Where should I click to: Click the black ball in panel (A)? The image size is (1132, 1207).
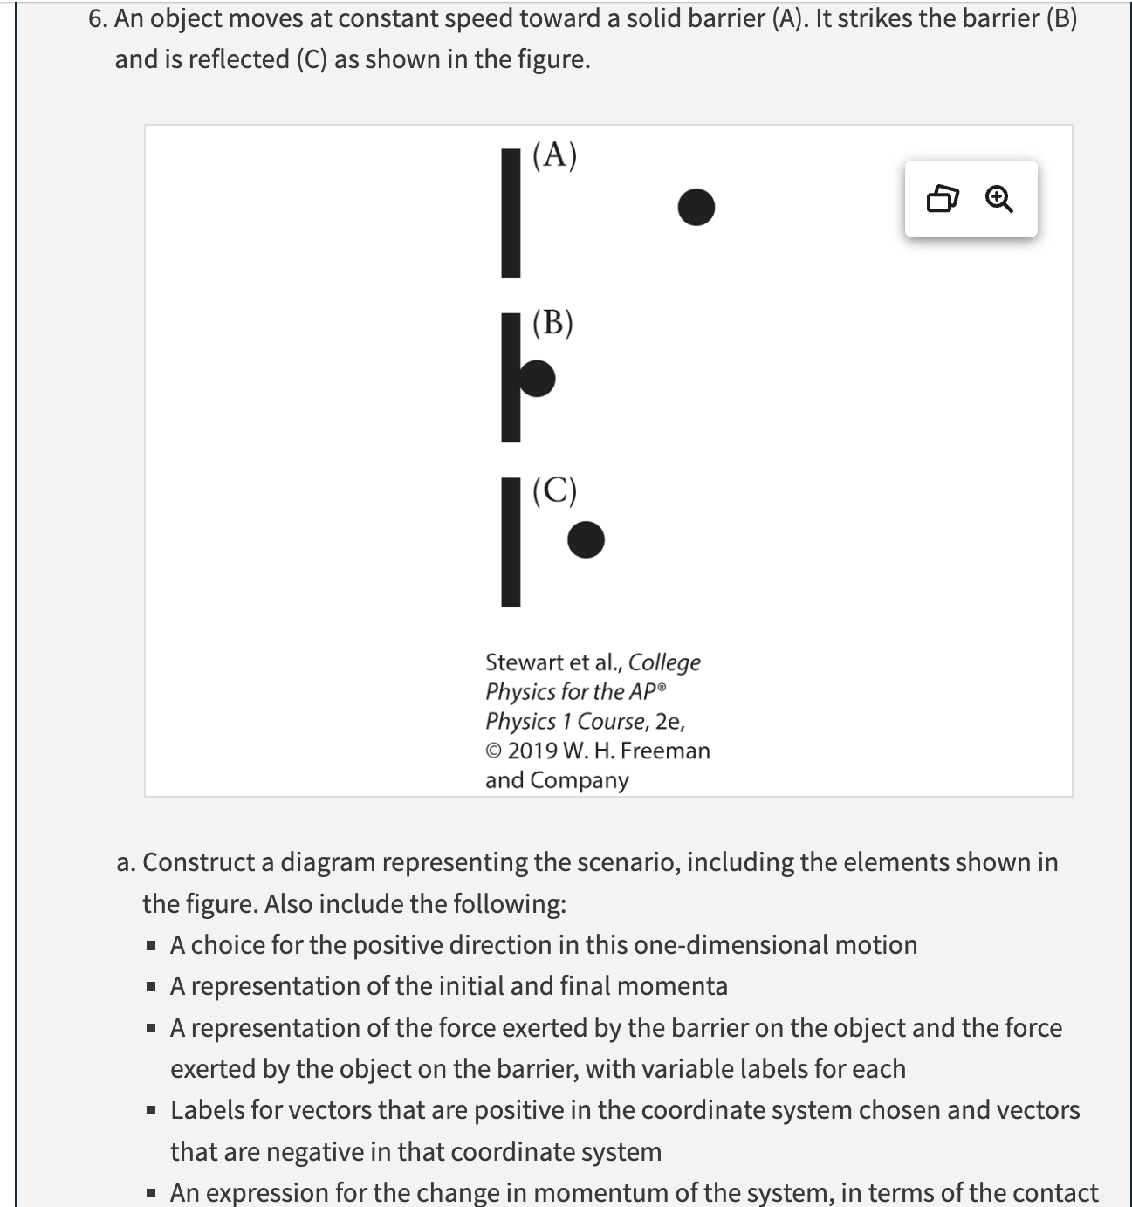696,207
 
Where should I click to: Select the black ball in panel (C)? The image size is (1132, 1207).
586,539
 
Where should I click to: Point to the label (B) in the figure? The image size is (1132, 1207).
552,322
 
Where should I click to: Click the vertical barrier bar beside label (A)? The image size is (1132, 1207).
511,212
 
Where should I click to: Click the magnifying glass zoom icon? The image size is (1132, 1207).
998,200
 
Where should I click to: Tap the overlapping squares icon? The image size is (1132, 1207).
942,200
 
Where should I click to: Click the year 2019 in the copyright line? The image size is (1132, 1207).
532,751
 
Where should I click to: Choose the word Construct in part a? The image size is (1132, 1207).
208,862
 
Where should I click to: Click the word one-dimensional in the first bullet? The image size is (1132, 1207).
731,945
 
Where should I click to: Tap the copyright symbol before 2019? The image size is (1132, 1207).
494,751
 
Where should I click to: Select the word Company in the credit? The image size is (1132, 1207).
579,780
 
